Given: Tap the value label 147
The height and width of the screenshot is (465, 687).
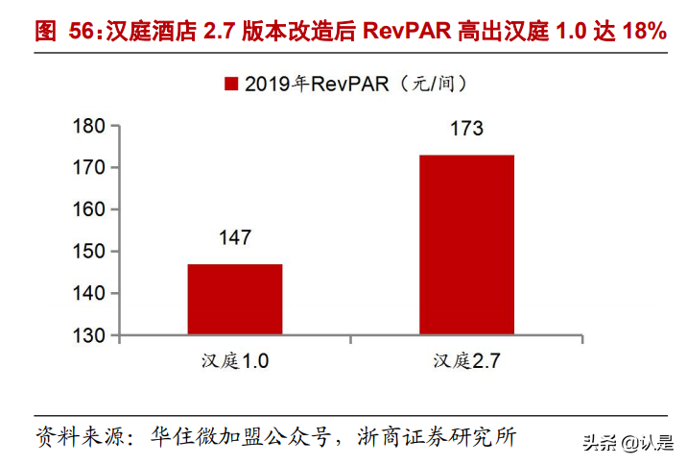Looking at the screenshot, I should [x=234, y=237].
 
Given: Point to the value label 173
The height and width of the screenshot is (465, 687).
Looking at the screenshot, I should [x=466, y=129].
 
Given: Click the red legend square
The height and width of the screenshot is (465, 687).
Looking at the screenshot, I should [x=231, y=84].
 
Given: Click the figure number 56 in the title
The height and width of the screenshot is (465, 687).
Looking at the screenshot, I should [x=82, y=31].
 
